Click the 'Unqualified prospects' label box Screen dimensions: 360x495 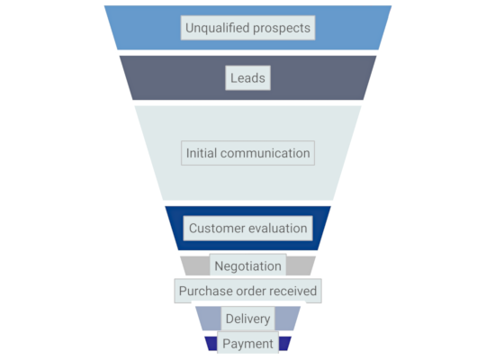[x=247, y=28]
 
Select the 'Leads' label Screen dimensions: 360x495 [x=247, y=78]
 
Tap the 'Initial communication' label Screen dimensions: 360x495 [x=247, y=153]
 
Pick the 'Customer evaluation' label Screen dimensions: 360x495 [x=247, y=229]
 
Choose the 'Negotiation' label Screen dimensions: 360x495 [x=247, y=266]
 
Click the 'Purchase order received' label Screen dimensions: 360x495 [x=247, y=291]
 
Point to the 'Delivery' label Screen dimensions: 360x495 [x=247, y=319]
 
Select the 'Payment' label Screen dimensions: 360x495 [x=247, y=344]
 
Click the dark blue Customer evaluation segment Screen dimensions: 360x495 [x=175, y=229]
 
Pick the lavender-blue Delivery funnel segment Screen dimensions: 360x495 [x=209, y=319]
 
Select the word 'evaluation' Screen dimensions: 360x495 [x=277, y=229]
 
